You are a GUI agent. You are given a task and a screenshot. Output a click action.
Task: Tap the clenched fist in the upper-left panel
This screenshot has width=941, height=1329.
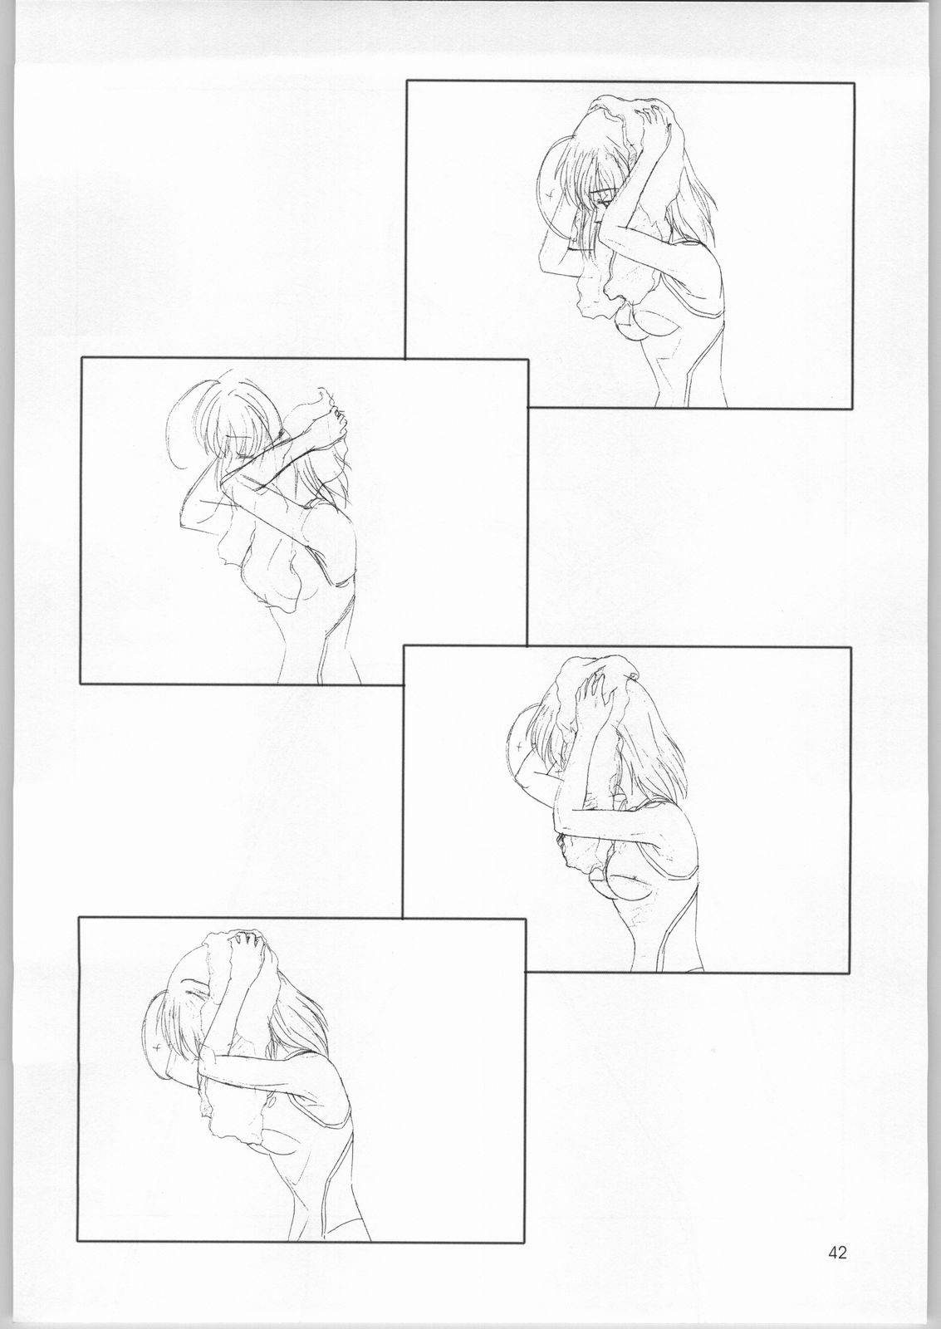332,410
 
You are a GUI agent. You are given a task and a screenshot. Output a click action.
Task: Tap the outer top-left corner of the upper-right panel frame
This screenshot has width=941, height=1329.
406,82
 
